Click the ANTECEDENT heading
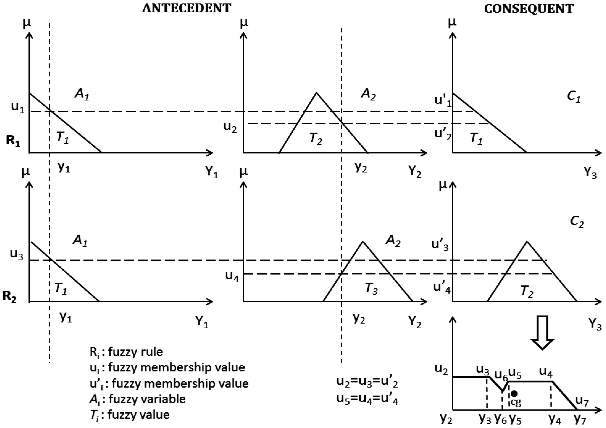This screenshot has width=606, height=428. pyautogui.click(x=186, y=8)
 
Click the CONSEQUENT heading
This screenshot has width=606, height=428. pyautogui.click(x=529, y=9)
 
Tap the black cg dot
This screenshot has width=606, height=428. pyautogui.click(x=514, y=394)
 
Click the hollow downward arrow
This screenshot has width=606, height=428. pyautogui.click(x=542, y=332)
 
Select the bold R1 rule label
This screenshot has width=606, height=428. pyautogui.click(x=13, y=140)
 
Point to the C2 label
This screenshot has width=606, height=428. pyautogui.click(x=577, y=221)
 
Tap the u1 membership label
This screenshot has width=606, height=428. pyautogui.click(x=18, y=107)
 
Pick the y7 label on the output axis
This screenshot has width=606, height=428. pyautogui.click(x=580, y=418)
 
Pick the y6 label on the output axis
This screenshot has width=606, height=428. pyautogui.click(x=500, y=418)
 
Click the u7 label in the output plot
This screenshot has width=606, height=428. pyautogui.click(x=582, y=401)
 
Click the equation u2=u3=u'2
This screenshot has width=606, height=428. pyautogui.click(x=367, y=382)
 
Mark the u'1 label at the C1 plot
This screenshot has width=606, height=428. pyautogui.click(x=443, y=100)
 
